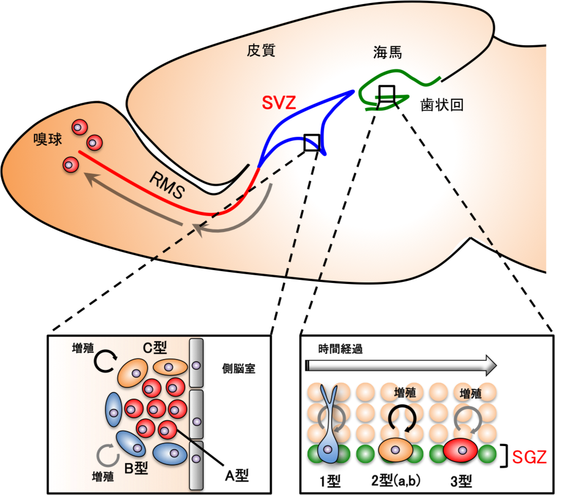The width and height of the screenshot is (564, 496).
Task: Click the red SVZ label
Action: click(x=278, y=103)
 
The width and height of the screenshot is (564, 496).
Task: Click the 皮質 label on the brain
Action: click(x=261, y=50)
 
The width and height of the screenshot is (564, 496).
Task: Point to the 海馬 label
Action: click(x=387, y=52)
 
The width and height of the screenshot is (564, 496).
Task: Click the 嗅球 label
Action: click(x=47, y=139)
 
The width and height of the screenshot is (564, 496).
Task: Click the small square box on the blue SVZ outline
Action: click(x=312, y=143)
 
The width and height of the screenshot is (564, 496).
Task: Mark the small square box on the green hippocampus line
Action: click(x=386, y=93)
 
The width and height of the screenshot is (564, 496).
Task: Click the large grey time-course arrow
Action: click(x=401, y=365)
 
